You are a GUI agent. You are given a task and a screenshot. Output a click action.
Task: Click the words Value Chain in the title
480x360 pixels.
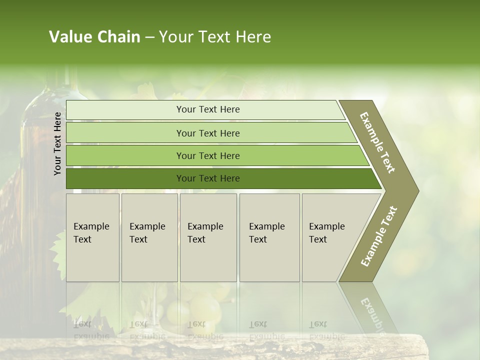94,37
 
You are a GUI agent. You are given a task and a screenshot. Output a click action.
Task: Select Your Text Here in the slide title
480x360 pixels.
215,37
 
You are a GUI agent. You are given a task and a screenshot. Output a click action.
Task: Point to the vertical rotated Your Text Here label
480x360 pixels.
57,143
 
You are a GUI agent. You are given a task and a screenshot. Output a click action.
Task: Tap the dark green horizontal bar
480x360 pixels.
125,178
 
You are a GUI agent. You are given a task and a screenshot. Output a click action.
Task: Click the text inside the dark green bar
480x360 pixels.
208,178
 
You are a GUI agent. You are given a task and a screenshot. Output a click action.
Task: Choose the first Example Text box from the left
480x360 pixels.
92,237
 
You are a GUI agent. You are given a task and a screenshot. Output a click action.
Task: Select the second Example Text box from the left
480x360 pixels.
149,237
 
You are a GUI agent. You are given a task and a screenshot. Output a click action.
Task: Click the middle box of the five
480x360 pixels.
208,237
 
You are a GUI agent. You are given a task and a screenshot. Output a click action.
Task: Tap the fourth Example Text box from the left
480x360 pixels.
269,237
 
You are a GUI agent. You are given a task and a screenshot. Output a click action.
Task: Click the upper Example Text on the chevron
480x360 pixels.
377,142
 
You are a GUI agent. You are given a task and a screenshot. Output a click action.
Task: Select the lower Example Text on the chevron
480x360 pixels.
378,236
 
